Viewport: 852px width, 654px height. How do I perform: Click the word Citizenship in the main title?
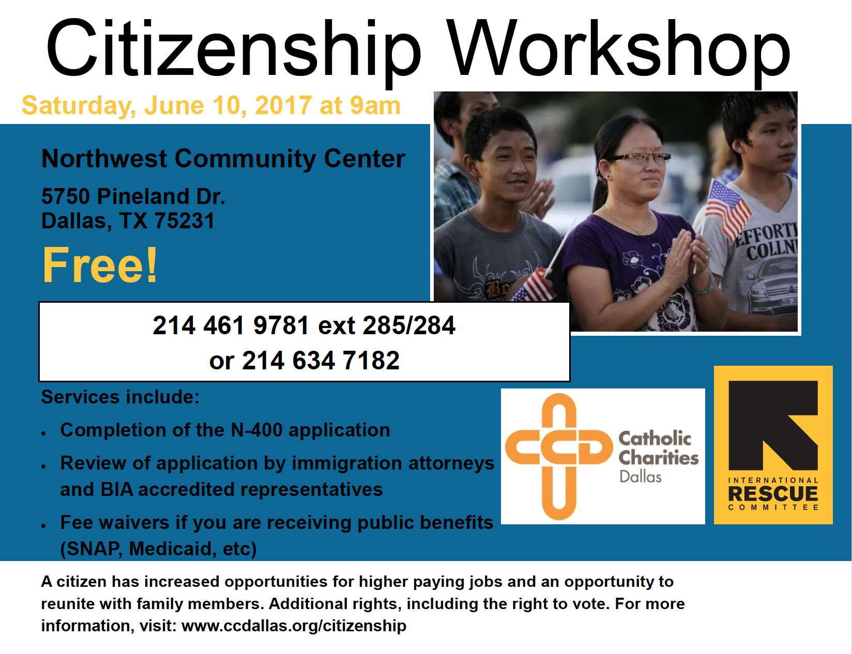tap(233, 49)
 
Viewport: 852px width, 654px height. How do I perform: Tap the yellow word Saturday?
tap(79, 106)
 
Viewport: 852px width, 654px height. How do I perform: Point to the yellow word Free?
tap(100, 264)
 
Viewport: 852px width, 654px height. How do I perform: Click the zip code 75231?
tap(184, 221)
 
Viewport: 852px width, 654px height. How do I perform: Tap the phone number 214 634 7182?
tap(321, 360)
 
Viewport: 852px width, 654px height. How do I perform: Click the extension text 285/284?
tap(409, 325)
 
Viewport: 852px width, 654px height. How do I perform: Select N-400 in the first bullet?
tap(256, 430)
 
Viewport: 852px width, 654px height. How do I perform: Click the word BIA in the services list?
tap(117, 490)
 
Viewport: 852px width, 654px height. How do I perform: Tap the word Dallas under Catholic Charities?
tap(640, 477)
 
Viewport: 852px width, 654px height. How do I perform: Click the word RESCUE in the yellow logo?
tap(773, 493)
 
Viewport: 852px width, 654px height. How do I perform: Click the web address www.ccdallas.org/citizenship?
tap(294, 626)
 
